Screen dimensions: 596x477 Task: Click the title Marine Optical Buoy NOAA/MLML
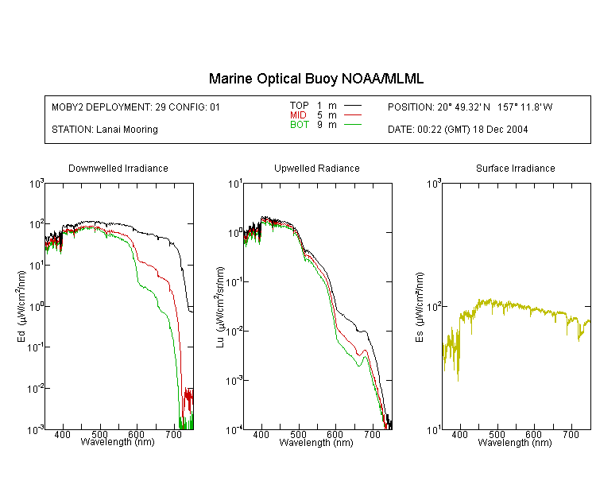(x=315, y=79)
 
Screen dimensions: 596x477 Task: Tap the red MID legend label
(x=298, y=114)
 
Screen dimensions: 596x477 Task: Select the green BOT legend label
(x=299, y=125)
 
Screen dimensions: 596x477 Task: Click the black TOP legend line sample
(x=353, y=106)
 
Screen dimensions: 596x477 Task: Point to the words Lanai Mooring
(x=127, y=130)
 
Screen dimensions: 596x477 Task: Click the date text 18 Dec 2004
(x=500, y=130)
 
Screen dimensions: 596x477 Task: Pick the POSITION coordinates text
(x=470, y=107)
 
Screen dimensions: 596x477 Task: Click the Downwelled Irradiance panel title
(x=118, y=168)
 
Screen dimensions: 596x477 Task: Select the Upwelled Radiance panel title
(x=317, y=168)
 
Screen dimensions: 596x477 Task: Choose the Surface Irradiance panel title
(x=516, y=168)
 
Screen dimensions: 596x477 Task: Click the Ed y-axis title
(x=21, y=306)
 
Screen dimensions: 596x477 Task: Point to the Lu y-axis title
(x=220, y=307)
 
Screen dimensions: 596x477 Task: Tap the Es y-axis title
(x=419, y=307)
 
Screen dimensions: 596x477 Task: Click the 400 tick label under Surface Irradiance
(x=459, y=434)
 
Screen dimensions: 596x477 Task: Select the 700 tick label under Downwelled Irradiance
(x=174, y=434)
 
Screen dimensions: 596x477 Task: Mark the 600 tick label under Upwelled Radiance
(x=335, y=434)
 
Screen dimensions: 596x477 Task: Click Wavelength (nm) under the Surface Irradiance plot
(x=515, y=442)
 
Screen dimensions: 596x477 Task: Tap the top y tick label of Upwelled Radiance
(x=235, y=184)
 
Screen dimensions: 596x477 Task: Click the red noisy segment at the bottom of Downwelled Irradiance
(x=188, y=400)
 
